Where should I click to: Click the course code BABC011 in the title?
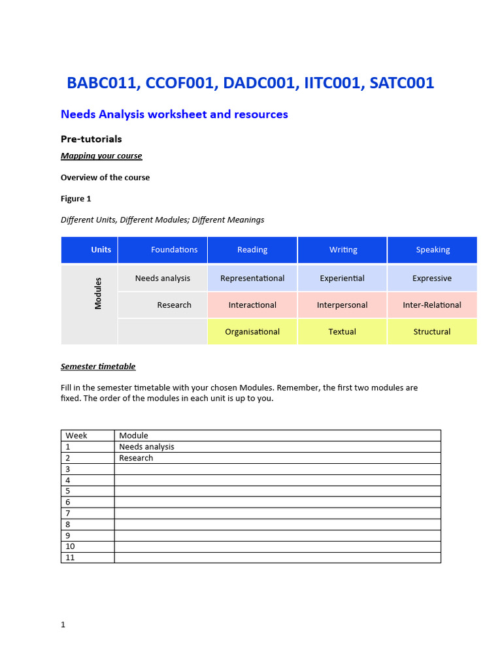(103, 84)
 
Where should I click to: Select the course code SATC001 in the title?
(401, 84)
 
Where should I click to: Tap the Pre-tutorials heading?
(91, 139)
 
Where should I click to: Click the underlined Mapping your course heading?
(101, 155)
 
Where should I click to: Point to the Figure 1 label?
(72, 198)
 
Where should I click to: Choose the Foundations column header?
(174, 250)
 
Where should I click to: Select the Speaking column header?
(433, 250)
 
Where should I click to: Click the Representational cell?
(252, 278)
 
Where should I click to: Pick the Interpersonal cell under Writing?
(342, 305)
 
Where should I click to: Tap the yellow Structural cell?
(432, 332)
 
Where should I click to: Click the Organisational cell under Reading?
(252, 332)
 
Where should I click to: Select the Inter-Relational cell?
(432, 305)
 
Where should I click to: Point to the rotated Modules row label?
(98, 293)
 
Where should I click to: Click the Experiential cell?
(342, 278)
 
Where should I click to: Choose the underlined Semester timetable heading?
(98, 367)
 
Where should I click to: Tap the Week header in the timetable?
(76, 435)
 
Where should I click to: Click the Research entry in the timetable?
(136, 458)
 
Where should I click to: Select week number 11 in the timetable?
(70, 557)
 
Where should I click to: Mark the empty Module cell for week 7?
(277, 513)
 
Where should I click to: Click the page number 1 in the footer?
(63, 625)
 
